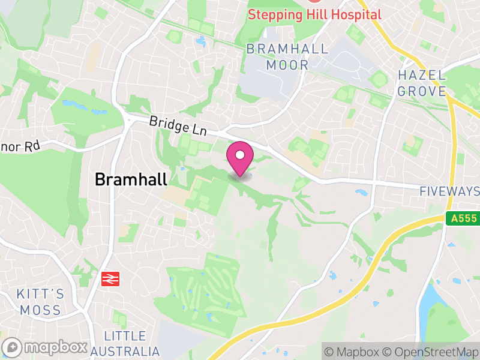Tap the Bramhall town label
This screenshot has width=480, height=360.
131,179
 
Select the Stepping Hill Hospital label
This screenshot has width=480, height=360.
314,14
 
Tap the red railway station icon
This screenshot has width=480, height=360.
109,278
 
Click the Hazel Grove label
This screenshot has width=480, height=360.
422,83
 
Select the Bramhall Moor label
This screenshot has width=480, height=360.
287,57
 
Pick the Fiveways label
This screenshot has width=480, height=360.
449,191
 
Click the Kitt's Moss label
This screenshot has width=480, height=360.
40,302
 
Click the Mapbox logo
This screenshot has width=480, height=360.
46,347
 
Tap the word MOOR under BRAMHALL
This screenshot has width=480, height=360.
287,65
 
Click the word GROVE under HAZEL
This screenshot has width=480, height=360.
422,91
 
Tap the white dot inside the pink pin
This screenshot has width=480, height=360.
240,155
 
